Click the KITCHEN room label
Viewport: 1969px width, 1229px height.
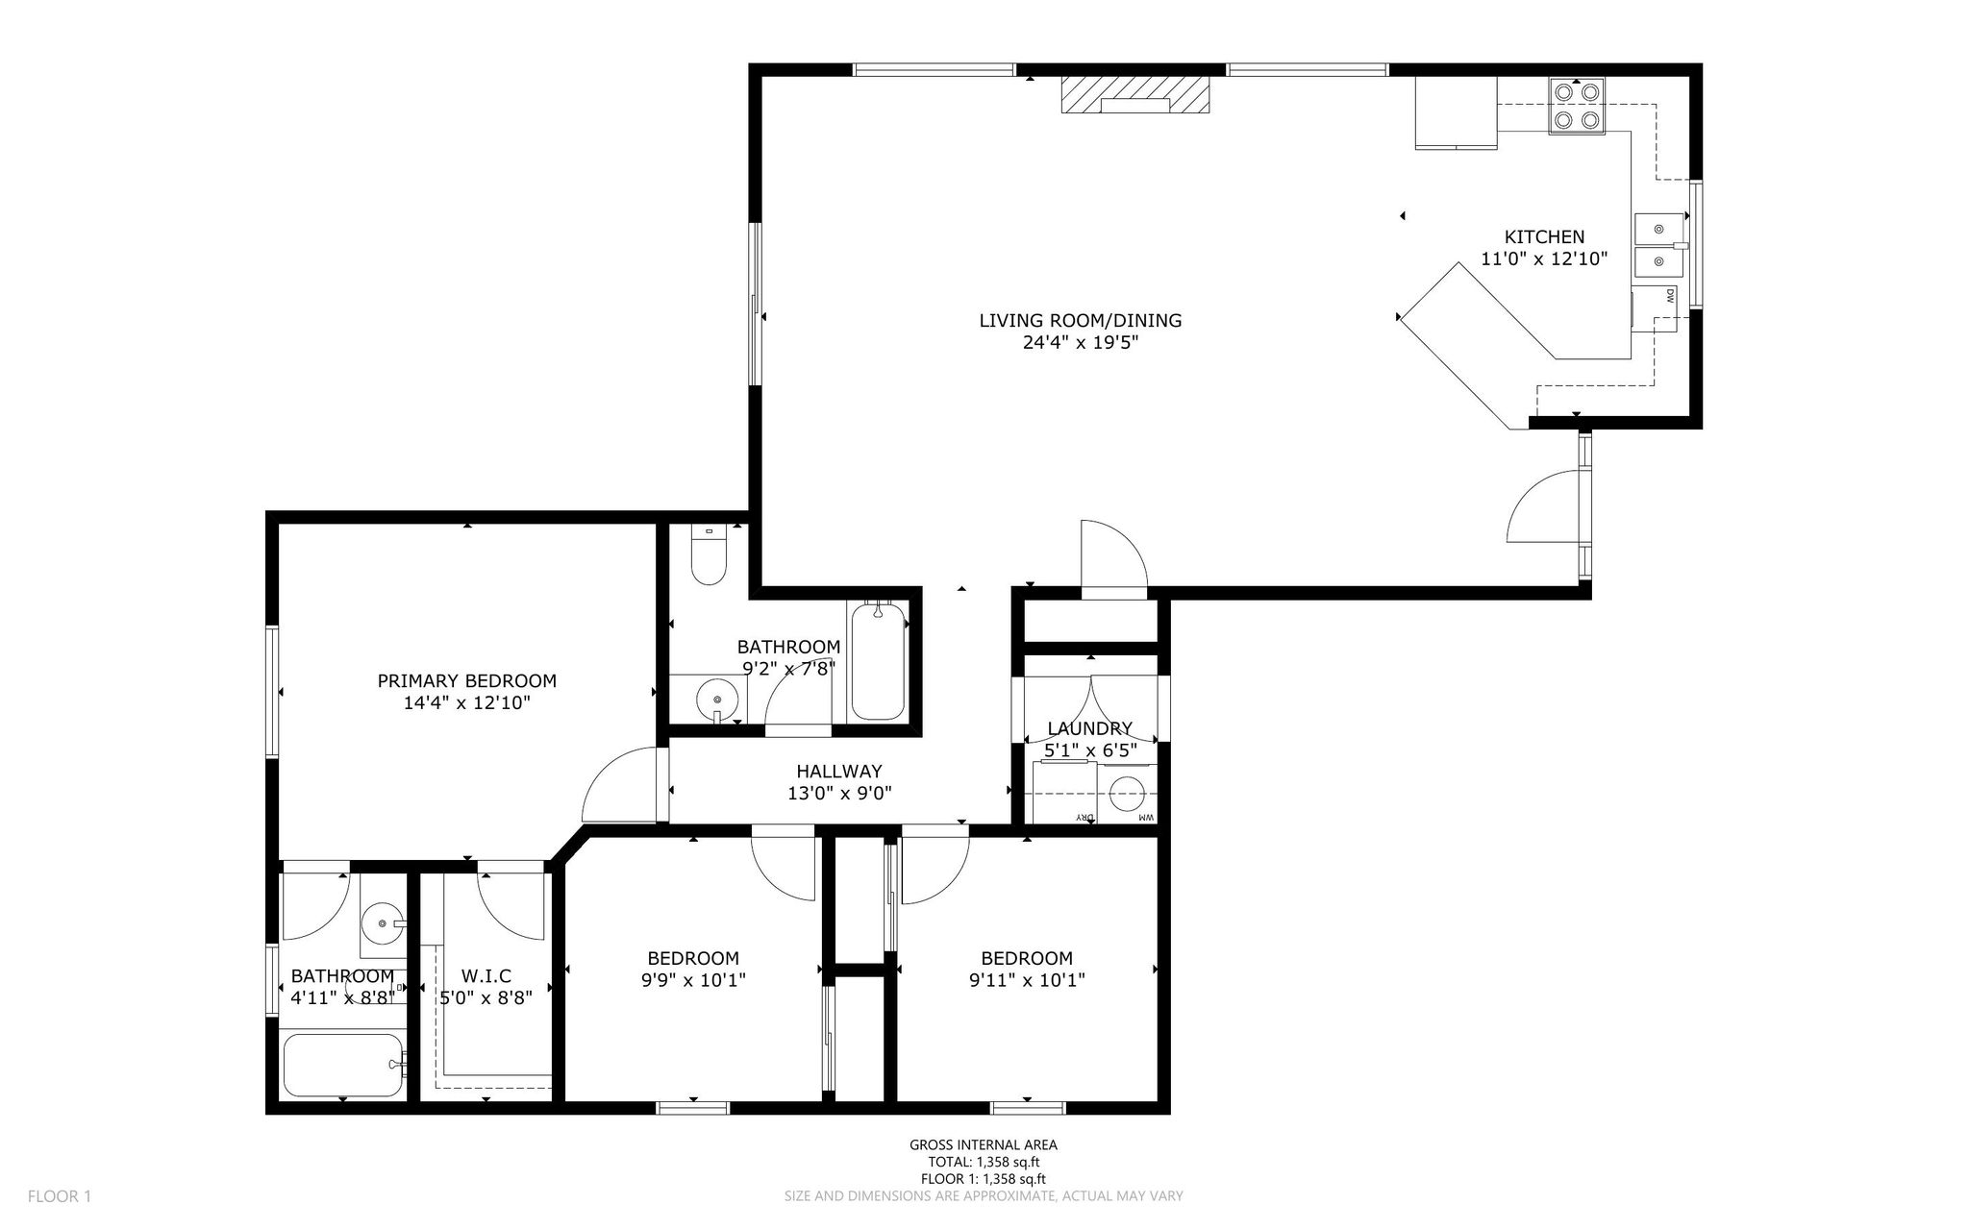click(1544, 237)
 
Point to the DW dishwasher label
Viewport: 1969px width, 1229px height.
click(1670, 297)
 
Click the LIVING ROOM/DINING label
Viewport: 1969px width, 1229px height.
click(1081, 321)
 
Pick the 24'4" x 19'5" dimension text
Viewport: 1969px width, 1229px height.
click(1081, 343)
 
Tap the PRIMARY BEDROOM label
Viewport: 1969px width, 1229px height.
click(466, 681)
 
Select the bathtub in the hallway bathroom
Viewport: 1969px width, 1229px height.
click(878, 661)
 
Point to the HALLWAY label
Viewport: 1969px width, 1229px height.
click(838, 772)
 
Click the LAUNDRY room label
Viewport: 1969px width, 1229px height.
click(1090, 728)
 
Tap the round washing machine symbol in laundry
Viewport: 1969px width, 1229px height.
click(1128, 794)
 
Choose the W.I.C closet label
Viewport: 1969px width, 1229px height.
click(486, 977)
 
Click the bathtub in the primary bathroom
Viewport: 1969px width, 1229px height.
click(343, 1065)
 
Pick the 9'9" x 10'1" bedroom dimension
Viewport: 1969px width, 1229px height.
click(692, 980)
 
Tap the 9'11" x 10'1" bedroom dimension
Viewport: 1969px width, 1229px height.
click(1027, 980)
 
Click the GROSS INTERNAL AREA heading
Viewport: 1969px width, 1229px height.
click(984, 1144)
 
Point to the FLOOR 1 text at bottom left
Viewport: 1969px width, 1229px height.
click(60, 1196)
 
